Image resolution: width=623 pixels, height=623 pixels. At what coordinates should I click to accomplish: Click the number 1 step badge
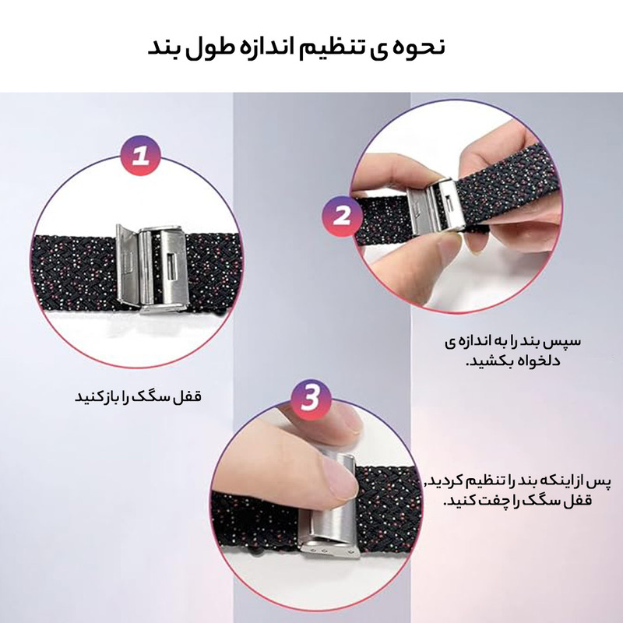(x=140, y=156)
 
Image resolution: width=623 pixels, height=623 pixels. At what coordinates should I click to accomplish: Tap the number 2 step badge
(x=342, y=216)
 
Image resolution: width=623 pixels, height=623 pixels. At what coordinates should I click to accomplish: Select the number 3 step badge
(x=311, y=399)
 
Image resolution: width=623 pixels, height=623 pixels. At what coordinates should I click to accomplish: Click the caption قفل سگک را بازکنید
(x=139, y=396)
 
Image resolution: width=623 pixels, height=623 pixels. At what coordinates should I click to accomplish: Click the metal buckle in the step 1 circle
(x=150, y=269)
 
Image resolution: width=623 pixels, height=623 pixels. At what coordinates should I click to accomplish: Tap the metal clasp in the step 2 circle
(x=435, y=207)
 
